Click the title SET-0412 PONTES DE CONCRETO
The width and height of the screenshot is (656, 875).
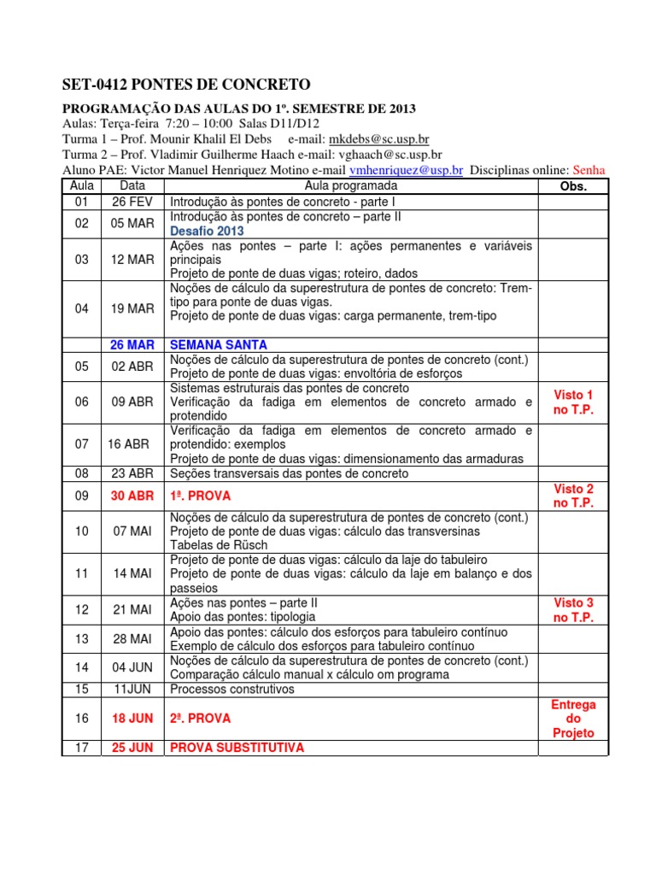[187, 84]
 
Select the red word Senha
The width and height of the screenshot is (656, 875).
[589, 170]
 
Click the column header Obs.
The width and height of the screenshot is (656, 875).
[572, 185]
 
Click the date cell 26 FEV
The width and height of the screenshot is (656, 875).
[132, 203]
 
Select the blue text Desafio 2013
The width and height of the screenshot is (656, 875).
[207, 231]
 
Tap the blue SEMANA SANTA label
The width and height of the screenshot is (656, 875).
[219, 344]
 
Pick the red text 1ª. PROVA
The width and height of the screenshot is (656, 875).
[201, 496]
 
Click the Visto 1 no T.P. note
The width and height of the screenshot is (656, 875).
[573, 402]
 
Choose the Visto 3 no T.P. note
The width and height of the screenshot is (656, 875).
[573, 610]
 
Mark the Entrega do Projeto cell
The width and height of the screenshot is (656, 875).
[573, 719]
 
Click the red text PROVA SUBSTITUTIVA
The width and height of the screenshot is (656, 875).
[237, 748]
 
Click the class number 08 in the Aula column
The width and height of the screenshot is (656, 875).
[82, 473]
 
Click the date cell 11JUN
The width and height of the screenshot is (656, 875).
[132, 689]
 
